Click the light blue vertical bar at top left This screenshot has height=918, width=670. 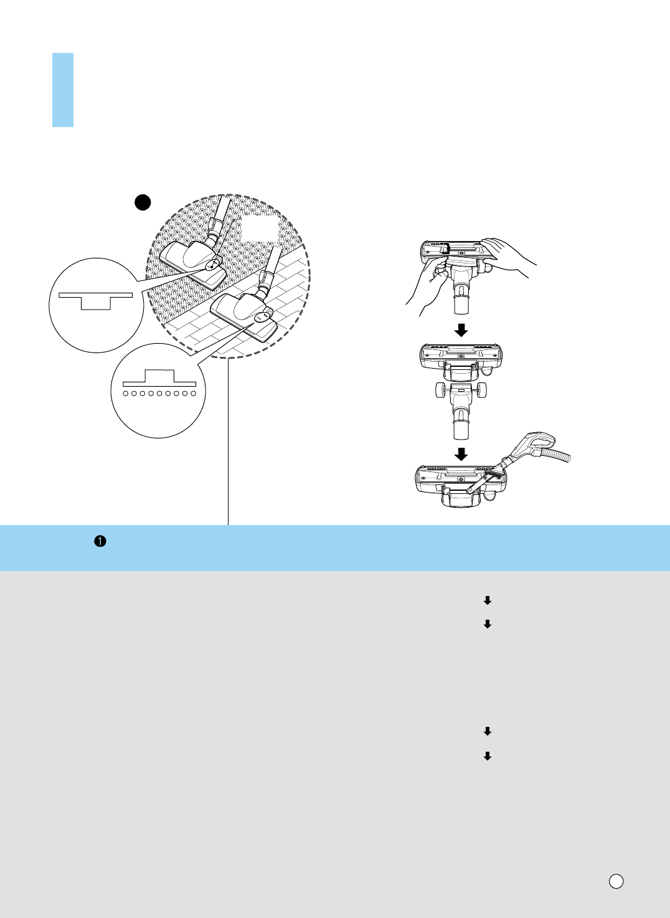pos(62,90)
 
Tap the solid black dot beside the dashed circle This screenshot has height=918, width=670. pos(143,202)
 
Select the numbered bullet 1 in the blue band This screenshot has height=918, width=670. pos(100,541)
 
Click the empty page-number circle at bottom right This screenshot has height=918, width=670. pos(616,881)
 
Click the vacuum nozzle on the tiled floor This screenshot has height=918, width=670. pos(244,314)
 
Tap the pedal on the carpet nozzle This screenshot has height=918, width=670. pos(213,264)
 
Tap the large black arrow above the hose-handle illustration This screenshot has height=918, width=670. pos(461,452)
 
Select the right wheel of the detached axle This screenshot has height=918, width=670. pos(483,390)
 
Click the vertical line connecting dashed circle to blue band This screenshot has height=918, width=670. pos(229,442)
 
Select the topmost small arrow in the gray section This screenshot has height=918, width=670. pos(488,600)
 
